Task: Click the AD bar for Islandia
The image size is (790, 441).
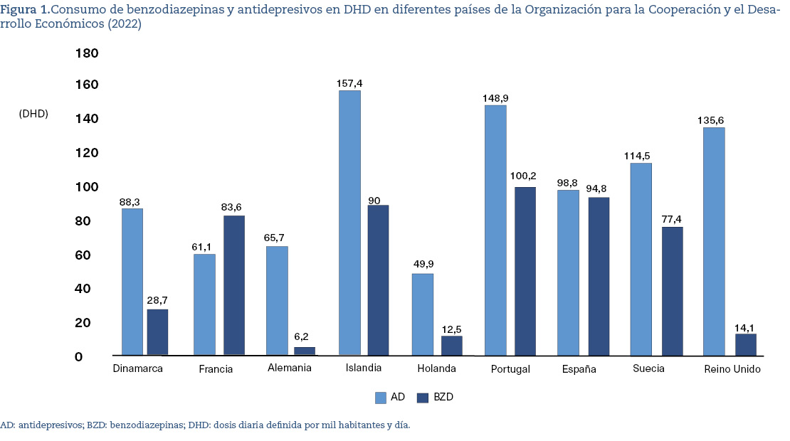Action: (x=349, y=223)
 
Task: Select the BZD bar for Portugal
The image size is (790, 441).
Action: (x=525, y=271)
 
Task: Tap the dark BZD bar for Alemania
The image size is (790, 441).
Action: (x=305, y=351)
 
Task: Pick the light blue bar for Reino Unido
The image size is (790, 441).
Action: (x=714, y=241)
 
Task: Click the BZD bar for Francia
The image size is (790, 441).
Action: (x=234, y=285)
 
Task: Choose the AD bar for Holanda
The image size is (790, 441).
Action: (x=423, y=314)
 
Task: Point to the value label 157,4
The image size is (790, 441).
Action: (x=349, y=83)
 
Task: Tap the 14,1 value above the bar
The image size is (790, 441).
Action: (x=745, y=327)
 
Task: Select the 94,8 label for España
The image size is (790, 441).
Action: (x=599, y=189)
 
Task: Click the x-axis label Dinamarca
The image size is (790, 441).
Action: (x=138, y=369)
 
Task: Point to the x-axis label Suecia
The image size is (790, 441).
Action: (x=648, y=368)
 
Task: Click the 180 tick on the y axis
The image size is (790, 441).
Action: (x=87, y=54)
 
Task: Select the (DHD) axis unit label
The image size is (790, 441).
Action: (x=33, y=113)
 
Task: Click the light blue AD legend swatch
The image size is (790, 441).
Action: (x=380, y=397)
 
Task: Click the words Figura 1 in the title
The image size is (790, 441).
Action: (x=24, y=10)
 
